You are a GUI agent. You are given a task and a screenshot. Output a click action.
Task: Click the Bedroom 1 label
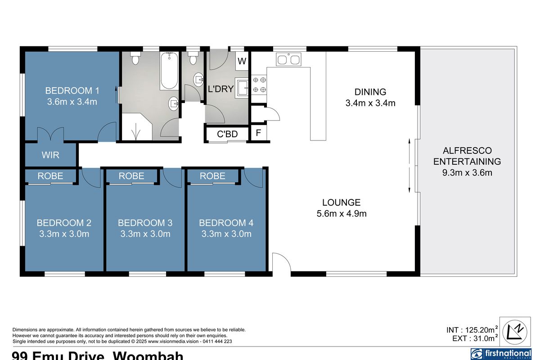[x=72, y=90]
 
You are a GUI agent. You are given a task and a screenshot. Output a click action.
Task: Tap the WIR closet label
[x=50, y=155]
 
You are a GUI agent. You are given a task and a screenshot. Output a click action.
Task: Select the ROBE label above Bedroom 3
[x=131, y=176]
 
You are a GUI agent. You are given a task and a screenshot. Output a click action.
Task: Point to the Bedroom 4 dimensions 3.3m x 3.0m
[x=226, y=234]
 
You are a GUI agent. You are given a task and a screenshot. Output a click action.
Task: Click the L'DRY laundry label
[x=220, y=89]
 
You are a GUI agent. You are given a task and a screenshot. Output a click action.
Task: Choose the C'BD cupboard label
[x=227, y=134]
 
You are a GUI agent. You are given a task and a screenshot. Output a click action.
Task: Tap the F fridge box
[x=258, y=134]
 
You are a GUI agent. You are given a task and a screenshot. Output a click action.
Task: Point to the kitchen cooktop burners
[x=260, y=84]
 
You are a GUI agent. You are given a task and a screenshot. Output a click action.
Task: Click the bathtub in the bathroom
[x=169, y=71]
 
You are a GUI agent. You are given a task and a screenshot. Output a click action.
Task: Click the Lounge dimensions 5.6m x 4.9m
[x=342, y=214]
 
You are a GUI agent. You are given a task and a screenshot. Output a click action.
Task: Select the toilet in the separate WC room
[x=193, y=58]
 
